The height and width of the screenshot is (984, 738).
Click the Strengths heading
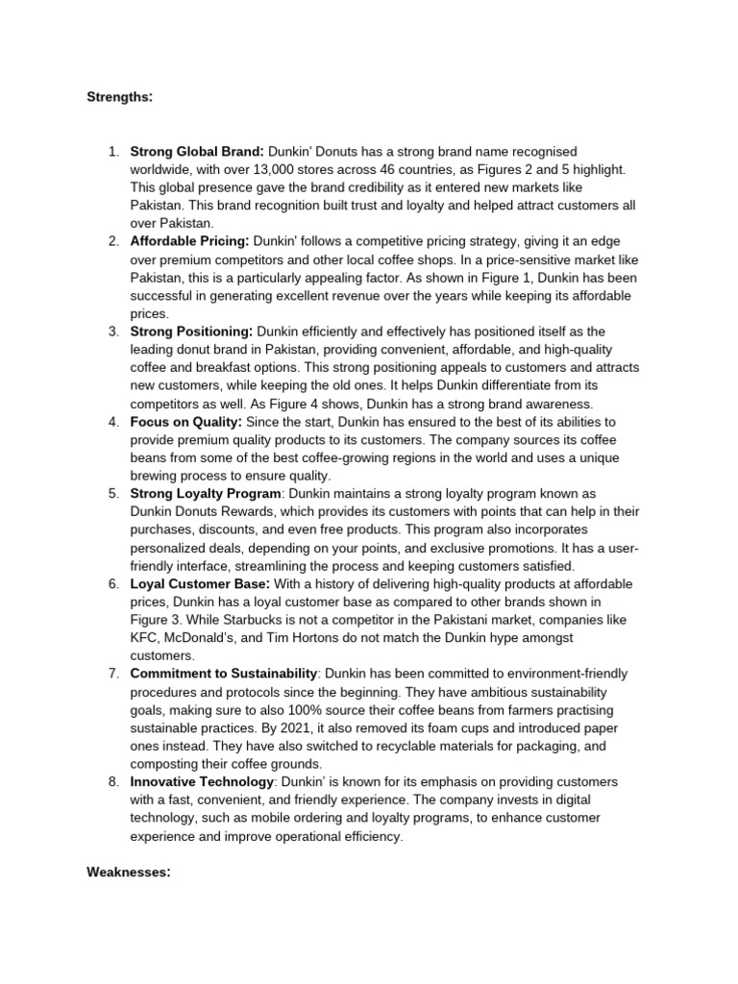click(x=119, y=98)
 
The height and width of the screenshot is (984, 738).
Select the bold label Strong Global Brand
click(x=196, y=151)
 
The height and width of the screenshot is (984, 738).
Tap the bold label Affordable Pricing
click(x=189, y=242)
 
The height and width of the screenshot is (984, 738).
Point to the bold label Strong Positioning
click(x=191, y=332)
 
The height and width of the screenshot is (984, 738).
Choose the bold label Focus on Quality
click(x=185, y=422)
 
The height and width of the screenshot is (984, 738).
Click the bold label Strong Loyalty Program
click(x=202, y=494)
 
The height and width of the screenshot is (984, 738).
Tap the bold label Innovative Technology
click(x=201, y=782)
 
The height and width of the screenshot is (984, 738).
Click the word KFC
click(x=144, y=638)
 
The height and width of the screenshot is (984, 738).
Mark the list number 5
click(x=112, y=494)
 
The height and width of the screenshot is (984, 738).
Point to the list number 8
click(x=112, y=782)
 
